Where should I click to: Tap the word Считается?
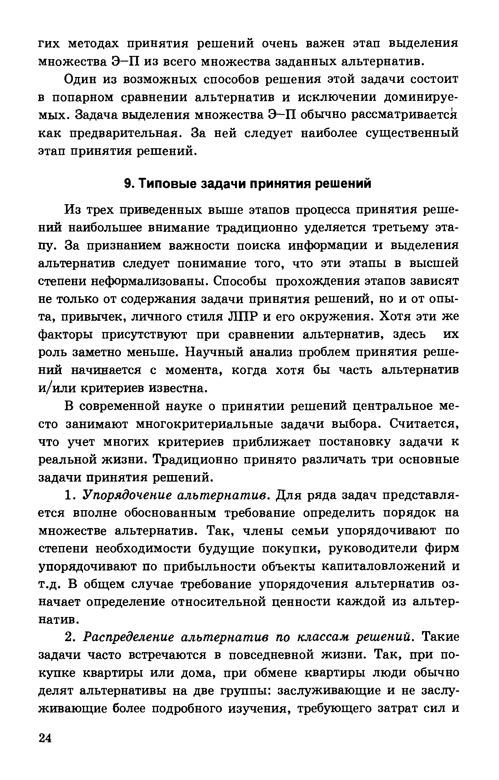(x=424, y=424)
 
